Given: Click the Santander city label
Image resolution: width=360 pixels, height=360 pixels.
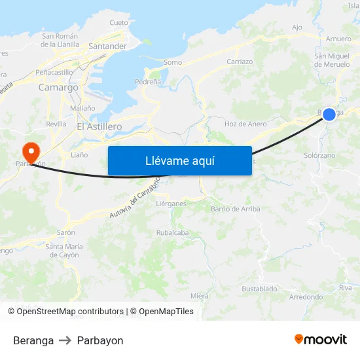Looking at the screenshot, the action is (x=107, y=46).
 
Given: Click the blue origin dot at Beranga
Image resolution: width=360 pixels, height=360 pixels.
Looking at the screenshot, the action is (x=329, y=115).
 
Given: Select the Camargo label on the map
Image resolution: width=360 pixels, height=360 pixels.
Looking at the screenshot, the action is (x=58, y=87).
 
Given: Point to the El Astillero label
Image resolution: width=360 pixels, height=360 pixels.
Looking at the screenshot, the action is (x=98, y=126).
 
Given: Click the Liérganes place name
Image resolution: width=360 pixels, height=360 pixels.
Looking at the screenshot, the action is (x=171, y=204).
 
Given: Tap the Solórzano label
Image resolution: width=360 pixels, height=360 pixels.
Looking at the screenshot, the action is (x=319, y=156).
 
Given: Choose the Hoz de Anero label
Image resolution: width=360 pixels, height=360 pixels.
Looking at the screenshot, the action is (x=245, y=124).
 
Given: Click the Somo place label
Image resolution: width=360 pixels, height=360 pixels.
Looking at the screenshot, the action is (x=173, y=62).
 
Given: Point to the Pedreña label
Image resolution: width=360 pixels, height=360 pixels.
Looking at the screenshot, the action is (x=148, y=82).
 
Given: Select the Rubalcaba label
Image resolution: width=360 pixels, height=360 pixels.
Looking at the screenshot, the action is (x=172, y=232).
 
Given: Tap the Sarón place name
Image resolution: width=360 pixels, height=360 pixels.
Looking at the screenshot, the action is (x=66, y=232).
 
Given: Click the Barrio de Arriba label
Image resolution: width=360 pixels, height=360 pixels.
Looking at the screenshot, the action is (x=236, y=209).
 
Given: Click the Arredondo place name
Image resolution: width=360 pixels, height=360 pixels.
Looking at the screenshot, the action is (x=306, y=297).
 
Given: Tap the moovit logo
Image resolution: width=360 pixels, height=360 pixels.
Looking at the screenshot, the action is (x=321, y=339).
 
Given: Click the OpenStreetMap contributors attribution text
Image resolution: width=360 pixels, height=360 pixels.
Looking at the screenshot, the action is (x=69, y=312).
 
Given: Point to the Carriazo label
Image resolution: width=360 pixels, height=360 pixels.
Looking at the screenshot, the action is (x=240, y=62).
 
